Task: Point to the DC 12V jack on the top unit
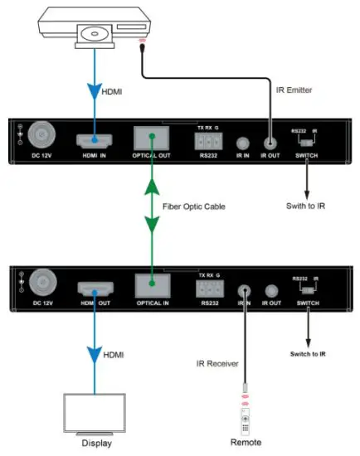(x=41, y=136)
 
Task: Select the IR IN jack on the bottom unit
(x=245, y=291)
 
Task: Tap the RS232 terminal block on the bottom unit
(x=210, y=291)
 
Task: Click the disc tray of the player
(x=94, y=35)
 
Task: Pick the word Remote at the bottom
(x=245, y=444)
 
